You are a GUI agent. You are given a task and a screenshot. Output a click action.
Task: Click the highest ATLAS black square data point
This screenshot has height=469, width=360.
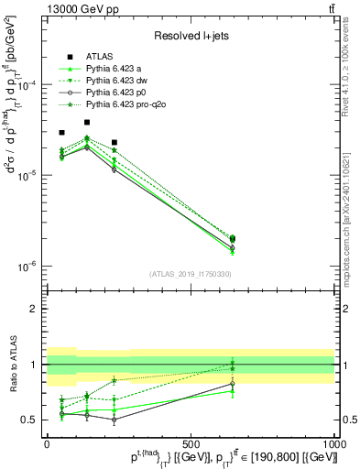coord(87,122)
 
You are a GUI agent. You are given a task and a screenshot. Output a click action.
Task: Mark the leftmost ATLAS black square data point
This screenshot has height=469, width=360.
coord(61,133)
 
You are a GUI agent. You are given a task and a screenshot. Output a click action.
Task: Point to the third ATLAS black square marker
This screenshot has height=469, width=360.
coord(114,142)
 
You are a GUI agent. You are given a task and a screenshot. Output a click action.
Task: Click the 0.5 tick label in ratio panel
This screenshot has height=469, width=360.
coord(31,420)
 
